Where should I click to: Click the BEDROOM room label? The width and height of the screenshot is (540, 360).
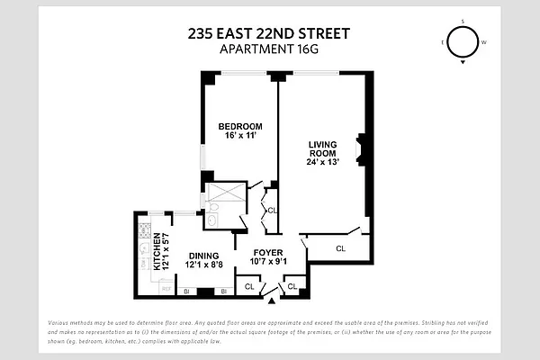(239, 125)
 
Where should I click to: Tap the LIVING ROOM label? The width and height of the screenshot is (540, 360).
(323, 148)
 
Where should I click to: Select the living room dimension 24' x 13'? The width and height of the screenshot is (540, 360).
(323, 163)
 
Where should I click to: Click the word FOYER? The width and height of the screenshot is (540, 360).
(268, 252)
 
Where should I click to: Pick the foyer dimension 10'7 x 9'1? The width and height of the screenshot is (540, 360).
(268, 262)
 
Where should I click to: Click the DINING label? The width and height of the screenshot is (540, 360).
(203, 255)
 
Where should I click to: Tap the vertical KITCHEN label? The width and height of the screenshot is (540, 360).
(156, 252)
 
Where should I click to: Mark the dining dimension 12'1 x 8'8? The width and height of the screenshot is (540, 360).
(204, 265)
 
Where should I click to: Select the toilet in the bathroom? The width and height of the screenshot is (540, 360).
(212, 219)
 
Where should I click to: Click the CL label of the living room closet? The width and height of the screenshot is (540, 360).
(340, 247)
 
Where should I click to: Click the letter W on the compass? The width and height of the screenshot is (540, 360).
(485, 42)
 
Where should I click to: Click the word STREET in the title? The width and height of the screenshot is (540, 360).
(319, 34)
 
